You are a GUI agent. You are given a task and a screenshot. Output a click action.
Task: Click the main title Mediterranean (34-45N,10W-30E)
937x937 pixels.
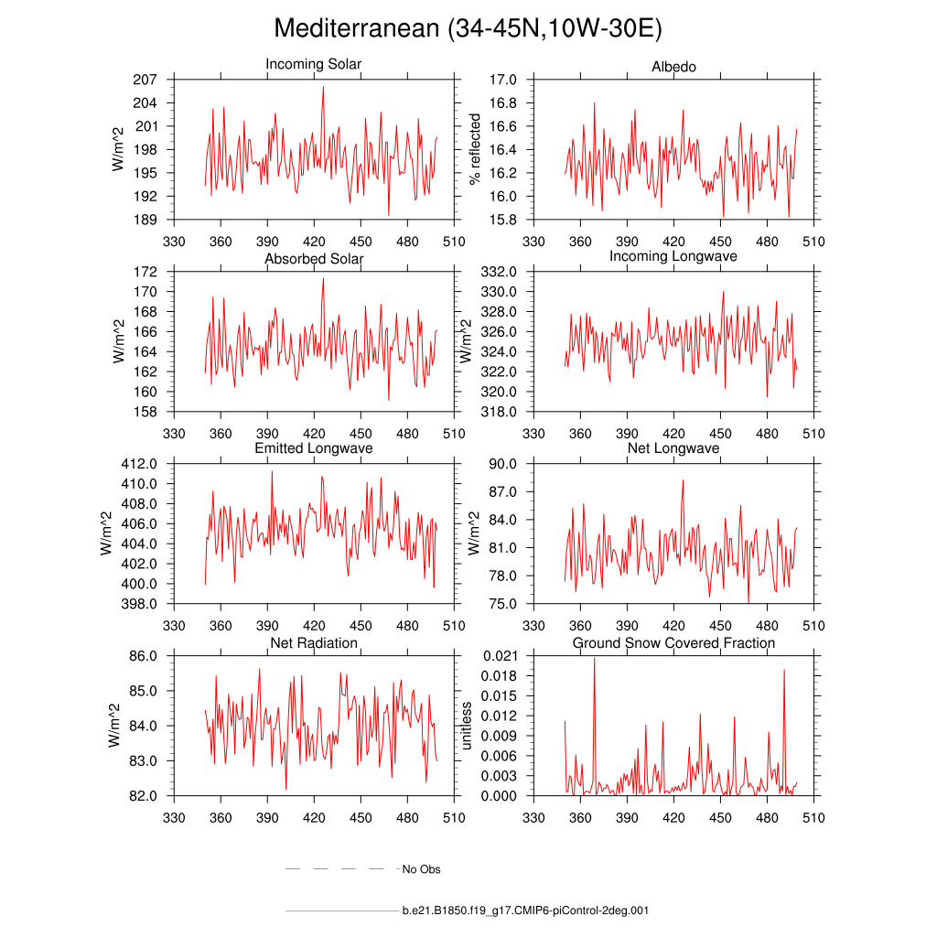tap(468, 29)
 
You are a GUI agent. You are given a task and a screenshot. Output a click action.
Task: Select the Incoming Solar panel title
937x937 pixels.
tap(313, 64)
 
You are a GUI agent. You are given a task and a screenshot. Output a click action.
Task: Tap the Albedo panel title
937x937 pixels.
tap(673, 67)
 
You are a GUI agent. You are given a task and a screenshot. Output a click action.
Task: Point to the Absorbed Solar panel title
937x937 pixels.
tap(314, 259)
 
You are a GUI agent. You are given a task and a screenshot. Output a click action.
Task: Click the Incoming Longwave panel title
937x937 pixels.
tap(673, 256)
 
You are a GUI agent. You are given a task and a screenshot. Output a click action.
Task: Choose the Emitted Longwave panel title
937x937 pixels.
tap(314, 448)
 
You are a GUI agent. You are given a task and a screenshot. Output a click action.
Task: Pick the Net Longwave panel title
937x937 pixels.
tap(673, 448)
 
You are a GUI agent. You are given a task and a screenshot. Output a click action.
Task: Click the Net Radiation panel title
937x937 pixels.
tap(314, 643)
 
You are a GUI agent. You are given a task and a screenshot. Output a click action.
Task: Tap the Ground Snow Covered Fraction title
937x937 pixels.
tap(673, 643)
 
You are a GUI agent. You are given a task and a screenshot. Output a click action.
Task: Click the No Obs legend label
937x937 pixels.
tap(422, 869)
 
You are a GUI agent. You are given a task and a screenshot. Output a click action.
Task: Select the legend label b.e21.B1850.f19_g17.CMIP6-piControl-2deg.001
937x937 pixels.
tap(525, 911)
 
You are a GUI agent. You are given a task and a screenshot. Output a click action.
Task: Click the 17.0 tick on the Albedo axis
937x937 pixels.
tap(505, 80)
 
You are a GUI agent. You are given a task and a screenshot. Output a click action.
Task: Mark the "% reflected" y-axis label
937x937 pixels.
tap(474, 149)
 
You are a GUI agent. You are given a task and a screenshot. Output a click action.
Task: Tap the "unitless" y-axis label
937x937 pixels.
tap(467, 726)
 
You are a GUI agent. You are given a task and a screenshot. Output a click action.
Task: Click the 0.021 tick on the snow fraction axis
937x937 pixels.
tap(501, 656)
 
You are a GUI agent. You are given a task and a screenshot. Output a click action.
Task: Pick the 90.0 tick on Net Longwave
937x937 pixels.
tap(505, 464)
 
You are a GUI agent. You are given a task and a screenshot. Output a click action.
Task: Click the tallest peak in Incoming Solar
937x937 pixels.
tap(323, 88)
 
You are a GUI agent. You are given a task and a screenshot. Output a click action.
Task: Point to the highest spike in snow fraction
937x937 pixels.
tap(595, 658)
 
